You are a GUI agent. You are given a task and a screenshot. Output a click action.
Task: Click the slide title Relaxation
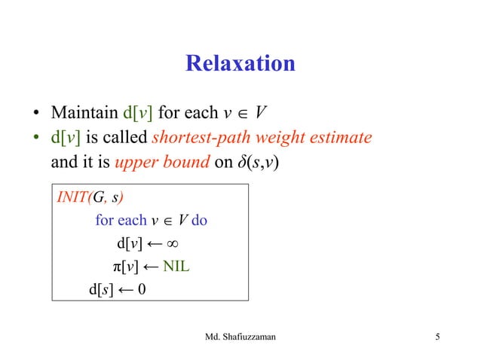(x=240, y=63)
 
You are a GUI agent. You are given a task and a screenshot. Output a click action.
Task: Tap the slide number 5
(x=437, y=336)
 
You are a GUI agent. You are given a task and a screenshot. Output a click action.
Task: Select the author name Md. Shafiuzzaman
(x=240, y=336)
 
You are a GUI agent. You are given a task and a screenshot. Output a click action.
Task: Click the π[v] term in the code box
(x=120, y=267)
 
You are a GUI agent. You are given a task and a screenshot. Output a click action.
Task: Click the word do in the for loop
(x=199, y=222)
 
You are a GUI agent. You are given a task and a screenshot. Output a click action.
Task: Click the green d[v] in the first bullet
(x=137, y=114)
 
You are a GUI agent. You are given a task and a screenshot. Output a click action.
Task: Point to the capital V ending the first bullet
(x=260, y=114)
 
